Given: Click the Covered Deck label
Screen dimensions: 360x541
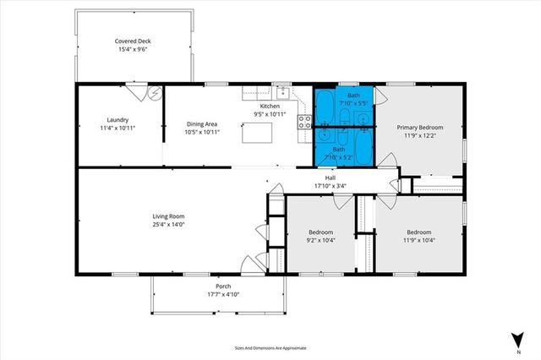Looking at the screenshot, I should point(133,41).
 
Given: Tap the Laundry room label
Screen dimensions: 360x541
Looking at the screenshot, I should point(117,119).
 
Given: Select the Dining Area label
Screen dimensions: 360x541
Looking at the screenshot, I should point(201,124).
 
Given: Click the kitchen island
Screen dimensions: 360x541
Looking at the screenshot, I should point(258,134).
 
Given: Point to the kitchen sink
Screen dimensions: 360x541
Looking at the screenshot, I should point(281,92).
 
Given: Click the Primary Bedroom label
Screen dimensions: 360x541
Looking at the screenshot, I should point(419,127).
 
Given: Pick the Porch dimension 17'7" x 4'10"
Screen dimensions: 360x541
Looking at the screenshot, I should point(218,295).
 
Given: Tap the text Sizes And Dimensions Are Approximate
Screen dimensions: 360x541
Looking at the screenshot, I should point(270,347).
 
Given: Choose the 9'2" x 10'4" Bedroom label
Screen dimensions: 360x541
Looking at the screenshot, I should point(320,232).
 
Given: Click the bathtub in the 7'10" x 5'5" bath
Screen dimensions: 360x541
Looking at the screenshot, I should point(326,105).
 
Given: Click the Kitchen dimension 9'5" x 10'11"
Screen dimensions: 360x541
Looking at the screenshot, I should point(270,114).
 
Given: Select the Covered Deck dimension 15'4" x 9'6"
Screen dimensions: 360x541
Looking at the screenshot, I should point(133,49).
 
